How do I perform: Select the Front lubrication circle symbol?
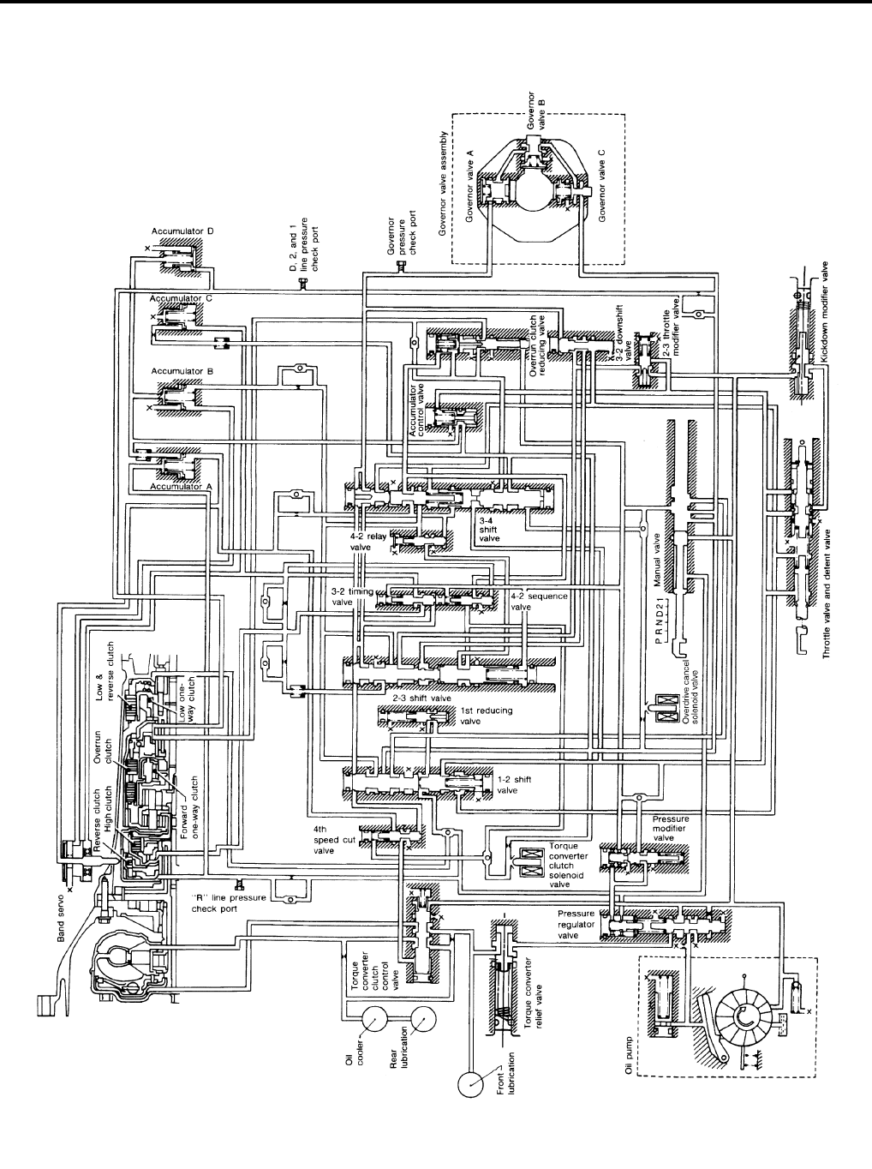(471, 1082)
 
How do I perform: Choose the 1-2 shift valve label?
(508, 785)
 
